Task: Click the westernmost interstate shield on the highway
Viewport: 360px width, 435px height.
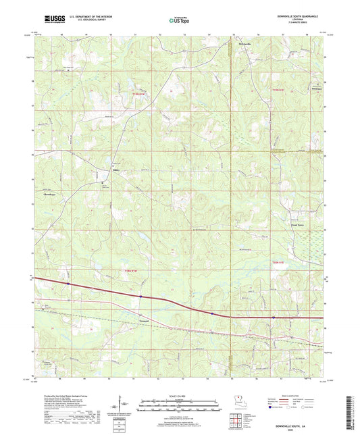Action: (68, 284)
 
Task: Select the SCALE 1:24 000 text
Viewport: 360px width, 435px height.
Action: (180, 395)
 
